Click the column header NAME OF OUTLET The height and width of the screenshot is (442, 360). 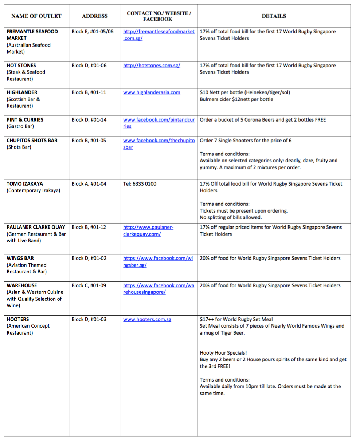[x=36, y=16]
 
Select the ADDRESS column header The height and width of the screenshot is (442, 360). [x=95, y=16]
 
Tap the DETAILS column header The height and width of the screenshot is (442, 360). [x=274, y=16]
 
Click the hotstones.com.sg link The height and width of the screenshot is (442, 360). [x=152, y=66]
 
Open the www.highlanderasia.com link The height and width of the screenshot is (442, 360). [x=152, y=92]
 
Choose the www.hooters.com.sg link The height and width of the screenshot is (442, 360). [x=147, y=319]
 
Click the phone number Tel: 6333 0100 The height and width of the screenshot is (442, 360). [x=140, y=184]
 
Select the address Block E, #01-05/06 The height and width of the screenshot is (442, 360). [x=93, y=32]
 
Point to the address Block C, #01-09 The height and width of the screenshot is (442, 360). [x=89, y=285]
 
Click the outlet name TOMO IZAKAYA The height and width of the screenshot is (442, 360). [x=25, y=184]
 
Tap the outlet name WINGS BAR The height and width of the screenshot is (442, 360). [x=20, y=258]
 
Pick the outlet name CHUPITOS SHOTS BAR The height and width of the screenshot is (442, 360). [x=32, y=140]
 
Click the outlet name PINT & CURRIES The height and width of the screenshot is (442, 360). [x=25, y=119]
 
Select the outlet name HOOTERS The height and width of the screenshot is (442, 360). [x=18, y=319]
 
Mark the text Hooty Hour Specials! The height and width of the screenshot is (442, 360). [x=223, y=353]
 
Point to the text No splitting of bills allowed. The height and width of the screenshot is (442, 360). [x=231, y=217]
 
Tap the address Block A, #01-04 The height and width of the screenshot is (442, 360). [x=89, y=184]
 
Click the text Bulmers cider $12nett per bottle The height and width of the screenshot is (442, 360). [x=236, y=99]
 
